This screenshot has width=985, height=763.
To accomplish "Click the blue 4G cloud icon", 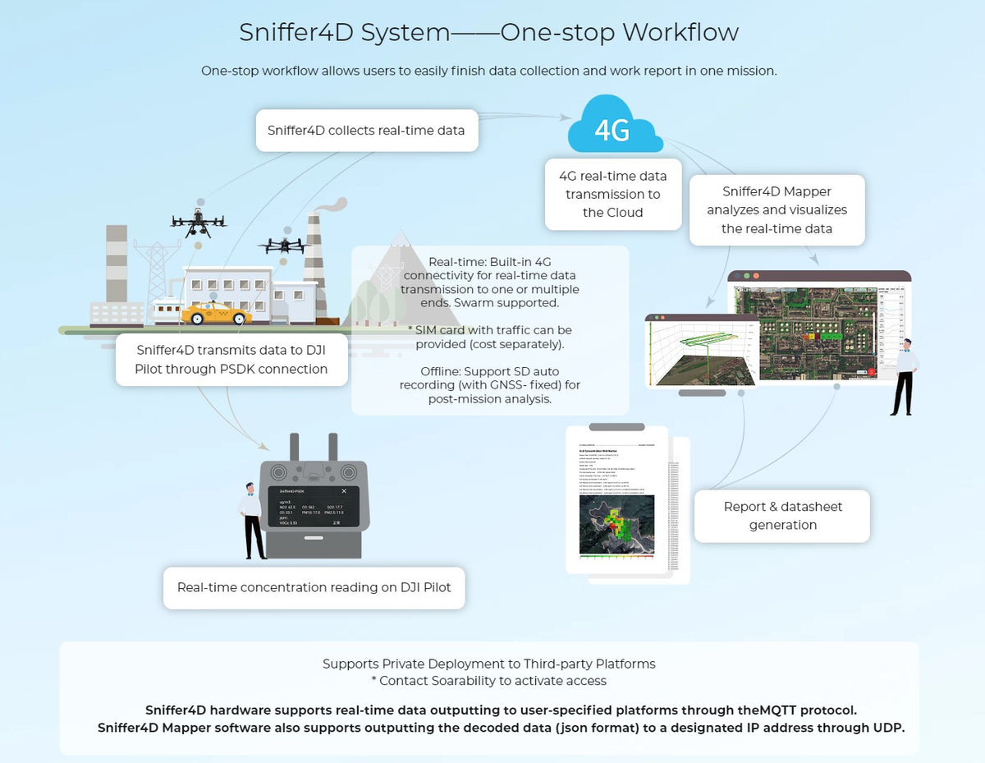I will coord(615,127).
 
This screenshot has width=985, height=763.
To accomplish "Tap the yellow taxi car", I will coord(216,313).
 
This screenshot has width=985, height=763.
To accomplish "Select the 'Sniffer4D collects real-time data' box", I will coord(366,131).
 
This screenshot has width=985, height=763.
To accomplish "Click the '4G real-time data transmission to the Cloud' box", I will coord(613,195).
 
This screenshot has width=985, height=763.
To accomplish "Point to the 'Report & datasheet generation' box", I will coord(782,516).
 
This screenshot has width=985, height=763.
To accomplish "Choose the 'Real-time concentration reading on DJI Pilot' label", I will coord(314,587).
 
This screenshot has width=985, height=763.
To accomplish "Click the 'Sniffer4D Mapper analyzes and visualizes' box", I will coord(777,210).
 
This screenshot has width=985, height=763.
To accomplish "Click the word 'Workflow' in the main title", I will coord(680,32).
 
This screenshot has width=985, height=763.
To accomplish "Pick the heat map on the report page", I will coord(616,524).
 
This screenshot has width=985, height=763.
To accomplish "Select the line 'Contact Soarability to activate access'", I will coord(489,681).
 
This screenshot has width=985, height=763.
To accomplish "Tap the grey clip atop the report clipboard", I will coord(616,427).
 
